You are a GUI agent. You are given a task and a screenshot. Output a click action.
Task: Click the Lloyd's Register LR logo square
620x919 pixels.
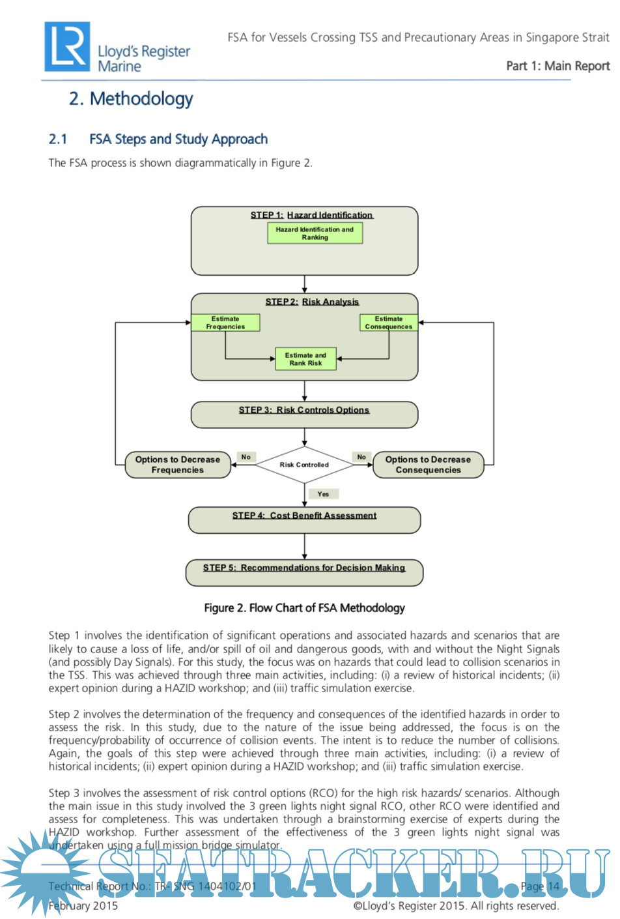67,46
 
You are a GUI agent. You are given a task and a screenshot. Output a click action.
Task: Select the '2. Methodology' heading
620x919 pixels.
131,99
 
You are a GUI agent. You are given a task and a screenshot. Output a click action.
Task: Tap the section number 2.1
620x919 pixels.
58,139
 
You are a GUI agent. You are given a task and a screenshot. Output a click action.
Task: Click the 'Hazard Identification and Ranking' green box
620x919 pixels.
315,233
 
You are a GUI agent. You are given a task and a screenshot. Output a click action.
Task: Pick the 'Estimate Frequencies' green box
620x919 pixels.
225,323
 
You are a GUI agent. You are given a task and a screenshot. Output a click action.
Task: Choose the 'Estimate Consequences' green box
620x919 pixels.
388,323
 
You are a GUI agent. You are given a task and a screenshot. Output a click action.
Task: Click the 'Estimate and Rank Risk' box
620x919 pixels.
305,359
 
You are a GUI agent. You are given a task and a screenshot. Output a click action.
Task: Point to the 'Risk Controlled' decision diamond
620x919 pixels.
304,465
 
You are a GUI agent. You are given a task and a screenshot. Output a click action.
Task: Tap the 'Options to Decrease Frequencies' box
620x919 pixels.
178,465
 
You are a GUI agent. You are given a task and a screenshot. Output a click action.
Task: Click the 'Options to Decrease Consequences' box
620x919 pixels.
428,465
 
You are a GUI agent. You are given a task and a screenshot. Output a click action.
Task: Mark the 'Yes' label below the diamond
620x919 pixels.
323,494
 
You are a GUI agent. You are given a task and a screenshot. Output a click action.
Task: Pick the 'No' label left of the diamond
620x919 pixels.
246,457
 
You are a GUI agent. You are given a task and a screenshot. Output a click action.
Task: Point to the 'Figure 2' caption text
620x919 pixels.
304,608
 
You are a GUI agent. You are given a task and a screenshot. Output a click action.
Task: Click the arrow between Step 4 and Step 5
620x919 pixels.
304,546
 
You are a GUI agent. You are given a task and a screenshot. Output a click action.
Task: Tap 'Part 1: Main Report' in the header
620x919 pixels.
557,66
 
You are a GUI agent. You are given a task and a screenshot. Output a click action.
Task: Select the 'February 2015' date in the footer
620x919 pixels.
83,905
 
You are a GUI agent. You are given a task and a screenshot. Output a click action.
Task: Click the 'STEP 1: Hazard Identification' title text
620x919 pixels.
311,215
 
